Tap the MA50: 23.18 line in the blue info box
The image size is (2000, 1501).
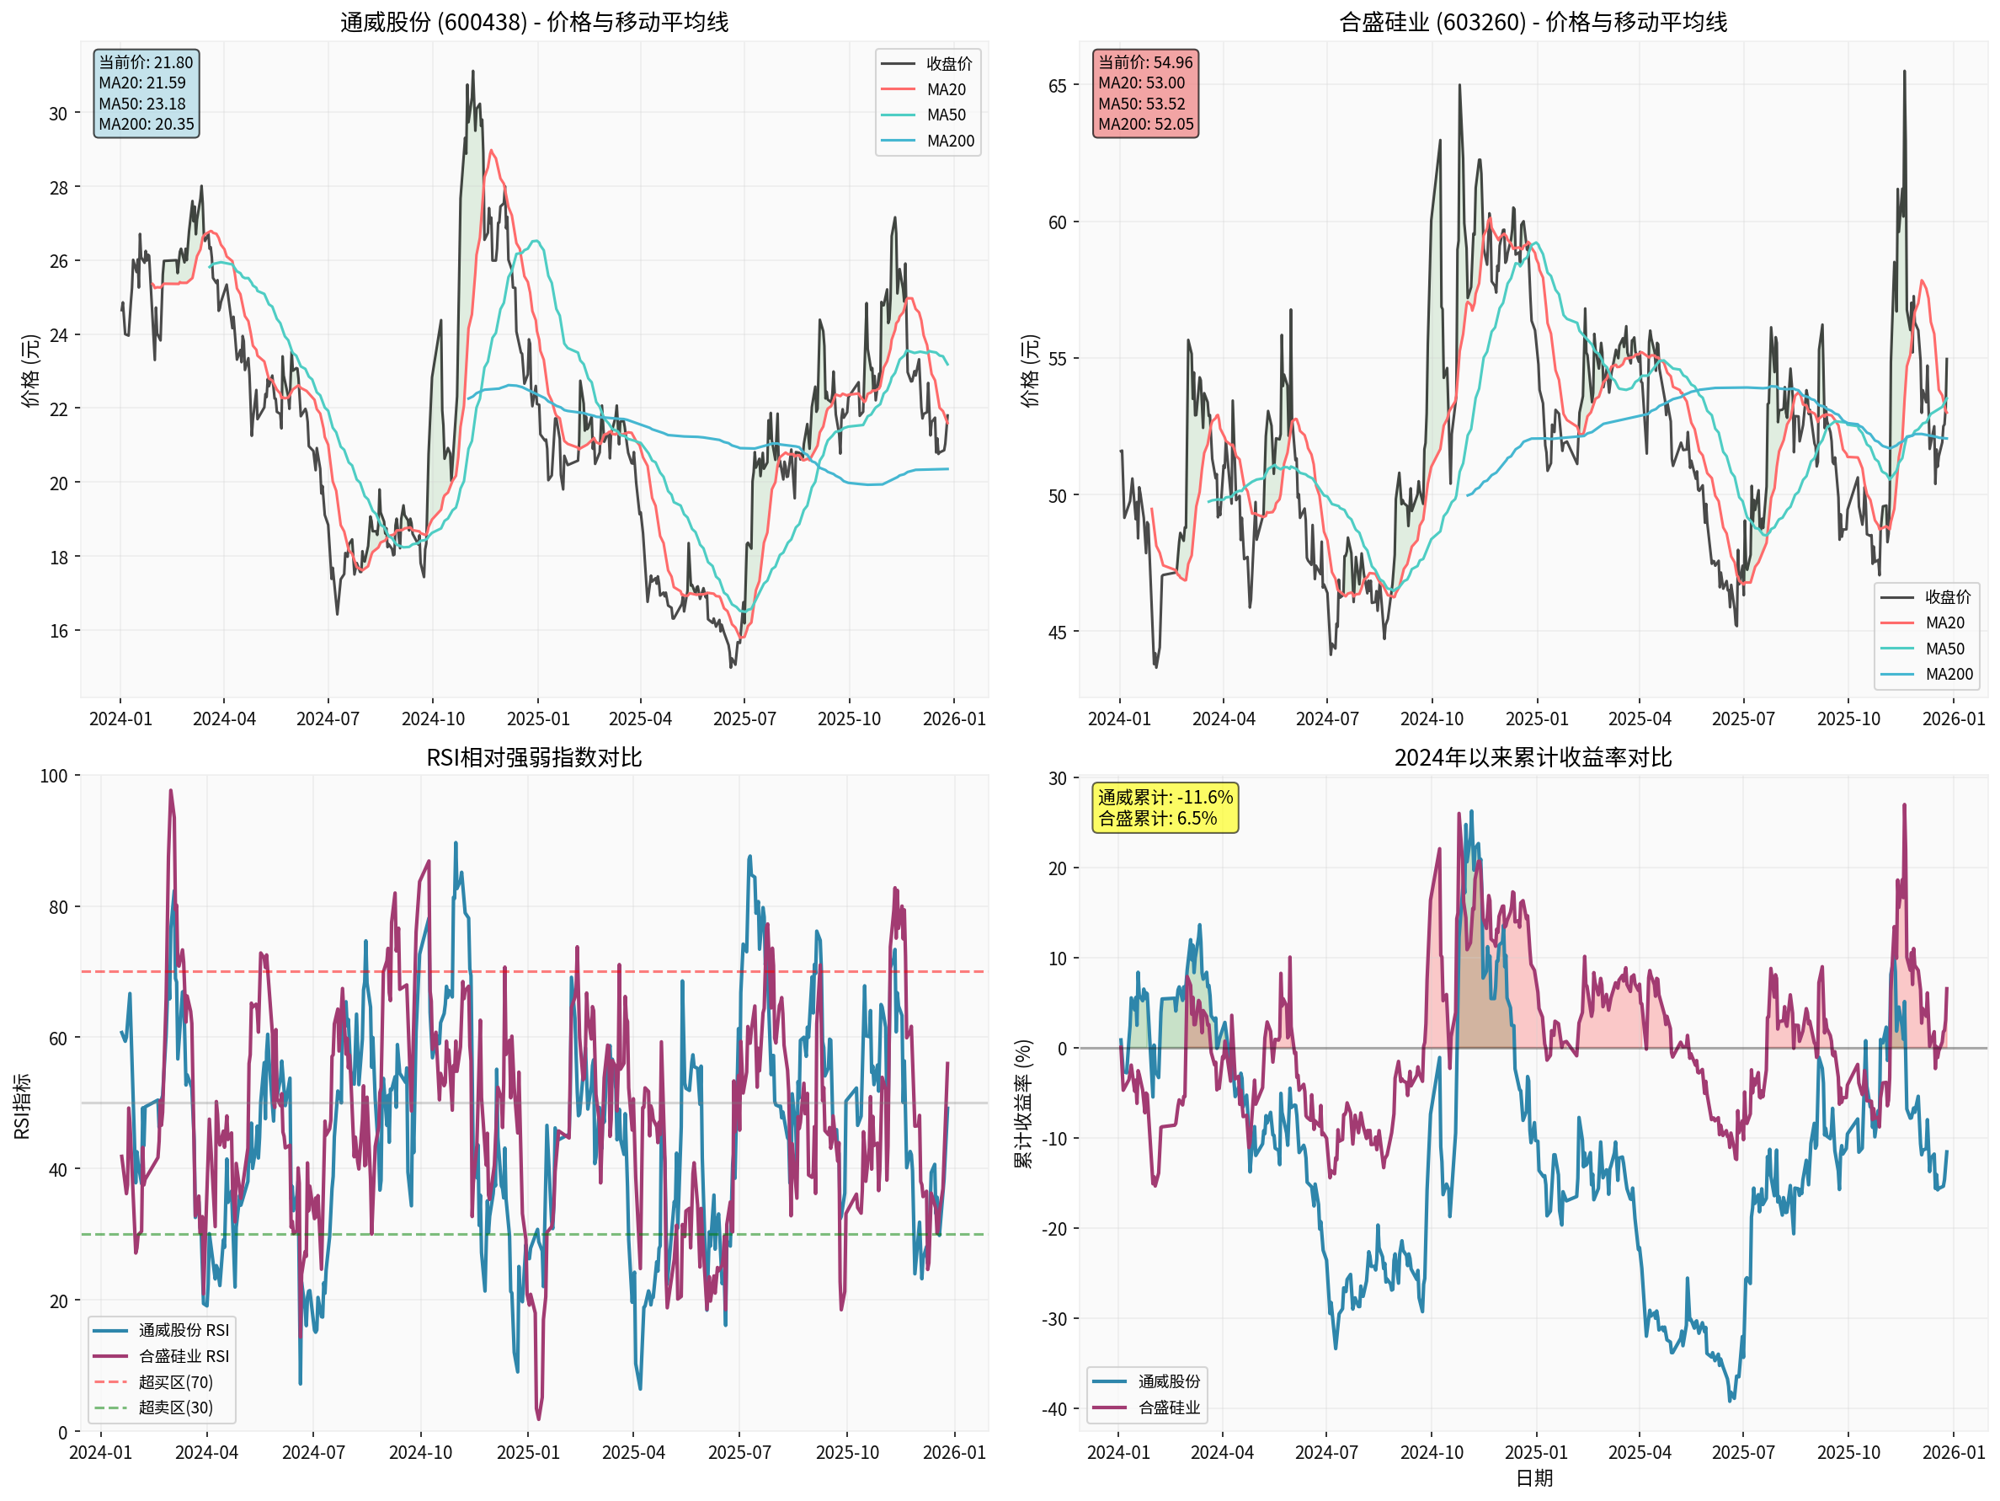click(x=142, y=104)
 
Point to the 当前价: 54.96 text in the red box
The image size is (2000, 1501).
click(x=1144, y=62)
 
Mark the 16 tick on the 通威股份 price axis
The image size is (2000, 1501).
click(x=59, y=631)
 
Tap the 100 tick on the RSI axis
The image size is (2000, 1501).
click(x=53, y=776)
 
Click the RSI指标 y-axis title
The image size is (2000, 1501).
click(x=23, y=1105)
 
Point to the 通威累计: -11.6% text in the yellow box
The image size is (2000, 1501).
click(x=1165, y=798)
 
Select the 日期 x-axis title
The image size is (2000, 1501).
click(x=1533, y=1478)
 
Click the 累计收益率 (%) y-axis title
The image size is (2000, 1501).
click(x=1022, y=1103)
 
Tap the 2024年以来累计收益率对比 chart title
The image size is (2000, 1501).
click(x=1533, y=758)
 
